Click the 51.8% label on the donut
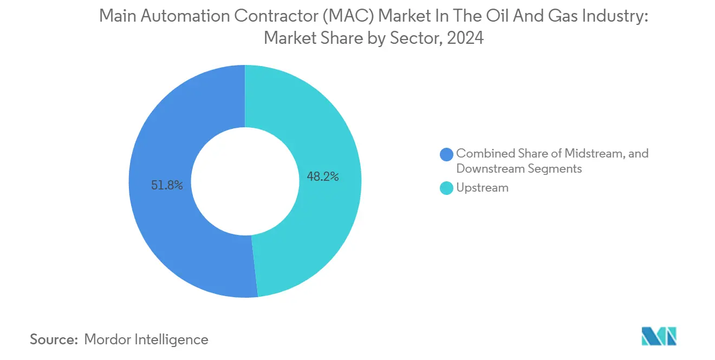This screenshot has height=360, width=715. pos(167,185)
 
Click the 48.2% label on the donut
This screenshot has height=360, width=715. pos(322,176)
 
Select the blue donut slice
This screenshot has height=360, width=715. pos(162,233)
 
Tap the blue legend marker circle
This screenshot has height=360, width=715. pos(447,154)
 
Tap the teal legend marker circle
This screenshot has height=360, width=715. pos(447,188)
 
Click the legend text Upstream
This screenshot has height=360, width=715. pos(482,188)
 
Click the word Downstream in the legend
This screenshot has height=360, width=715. pos(487,169)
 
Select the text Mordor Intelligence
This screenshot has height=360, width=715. pos(146,339)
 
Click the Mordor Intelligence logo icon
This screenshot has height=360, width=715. pos(659,336)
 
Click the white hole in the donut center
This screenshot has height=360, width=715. pos(245,181)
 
